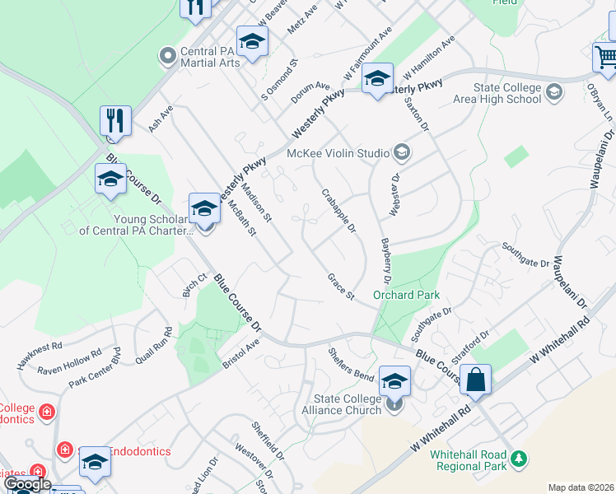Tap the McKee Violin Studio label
click(337, 152)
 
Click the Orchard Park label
click(406, 295)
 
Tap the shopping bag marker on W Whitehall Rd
click(476, 380)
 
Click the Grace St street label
click(340, 287)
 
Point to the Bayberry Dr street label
click(385, 256)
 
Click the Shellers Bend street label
click(352, 363)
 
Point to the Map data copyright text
click(581, 487)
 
